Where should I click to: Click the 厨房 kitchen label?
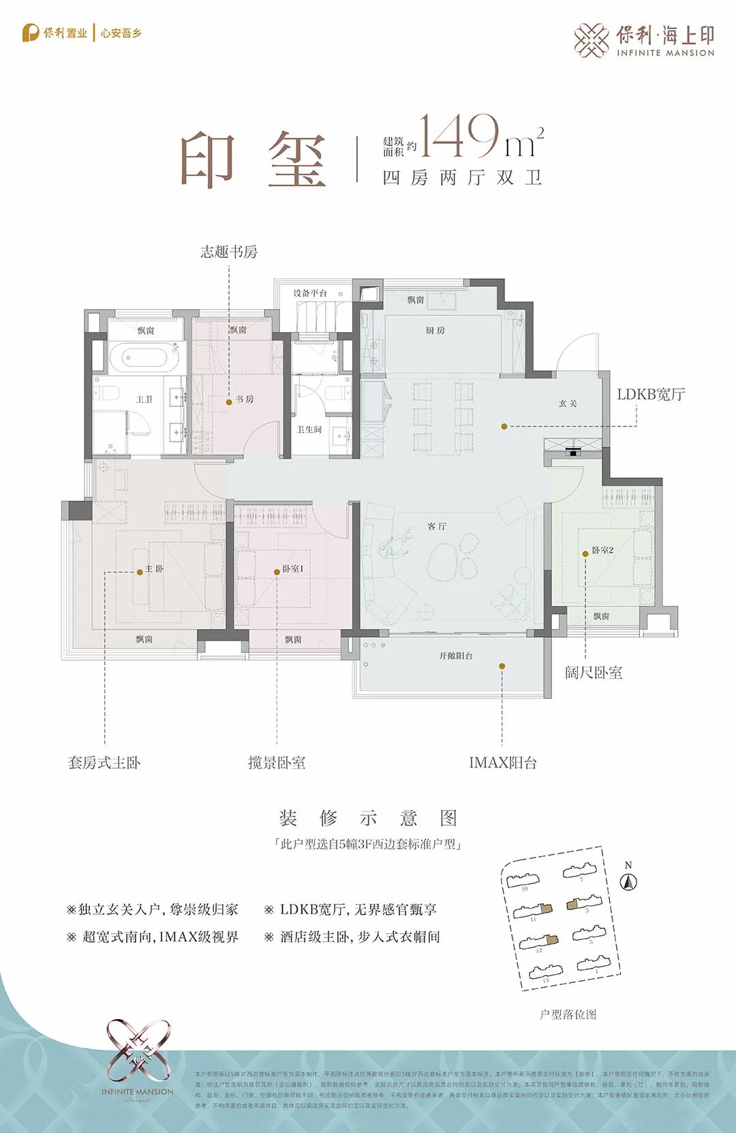(435, 331)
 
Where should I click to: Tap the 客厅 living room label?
(437, 527)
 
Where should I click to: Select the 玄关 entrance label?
(568, 404)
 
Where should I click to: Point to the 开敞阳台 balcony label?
(455, 656)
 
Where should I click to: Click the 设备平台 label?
(310, 293)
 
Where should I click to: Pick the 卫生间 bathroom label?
(309, 430)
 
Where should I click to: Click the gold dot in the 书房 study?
(229, 402)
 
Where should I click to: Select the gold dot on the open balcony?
(502, 666)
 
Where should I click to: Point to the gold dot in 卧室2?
(585, 554)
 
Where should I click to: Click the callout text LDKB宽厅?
(650, 394)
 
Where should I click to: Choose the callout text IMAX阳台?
(502, 763)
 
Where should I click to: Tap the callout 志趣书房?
(229, 252)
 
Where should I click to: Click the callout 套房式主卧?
(104, 763)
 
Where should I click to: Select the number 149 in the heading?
(459, 136)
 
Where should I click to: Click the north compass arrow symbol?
(628, 882)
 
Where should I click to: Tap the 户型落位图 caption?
(568, 1014)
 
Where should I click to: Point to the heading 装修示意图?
(368, 818)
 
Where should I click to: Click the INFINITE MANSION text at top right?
(665, 53)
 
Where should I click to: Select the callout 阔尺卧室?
(594, 673)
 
